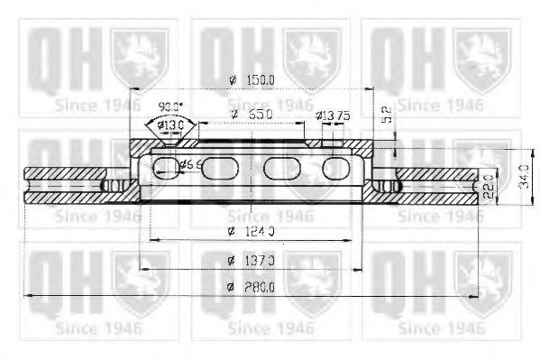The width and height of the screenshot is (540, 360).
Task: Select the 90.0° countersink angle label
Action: coord(170,106)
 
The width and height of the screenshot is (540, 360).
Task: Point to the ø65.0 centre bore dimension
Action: coord(250,115)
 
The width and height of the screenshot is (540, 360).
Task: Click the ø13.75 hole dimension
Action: coord(333,115)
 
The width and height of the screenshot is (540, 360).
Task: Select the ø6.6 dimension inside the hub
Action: coord(191,164)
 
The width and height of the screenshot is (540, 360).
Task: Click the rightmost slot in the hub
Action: coord(335,167)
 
